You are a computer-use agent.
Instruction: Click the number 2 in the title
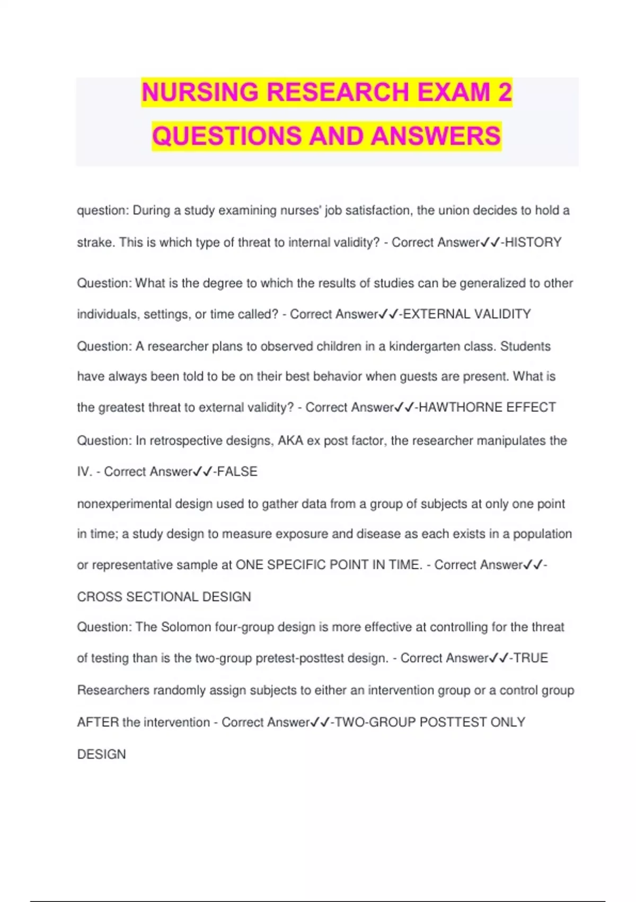tap(505, 92)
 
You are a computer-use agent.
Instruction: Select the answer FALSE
tap(237, 472)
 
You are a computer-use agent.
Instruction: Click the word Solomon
tap(186, 627)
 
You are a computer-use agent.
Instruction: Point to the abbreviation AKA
tap(290, 441)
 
